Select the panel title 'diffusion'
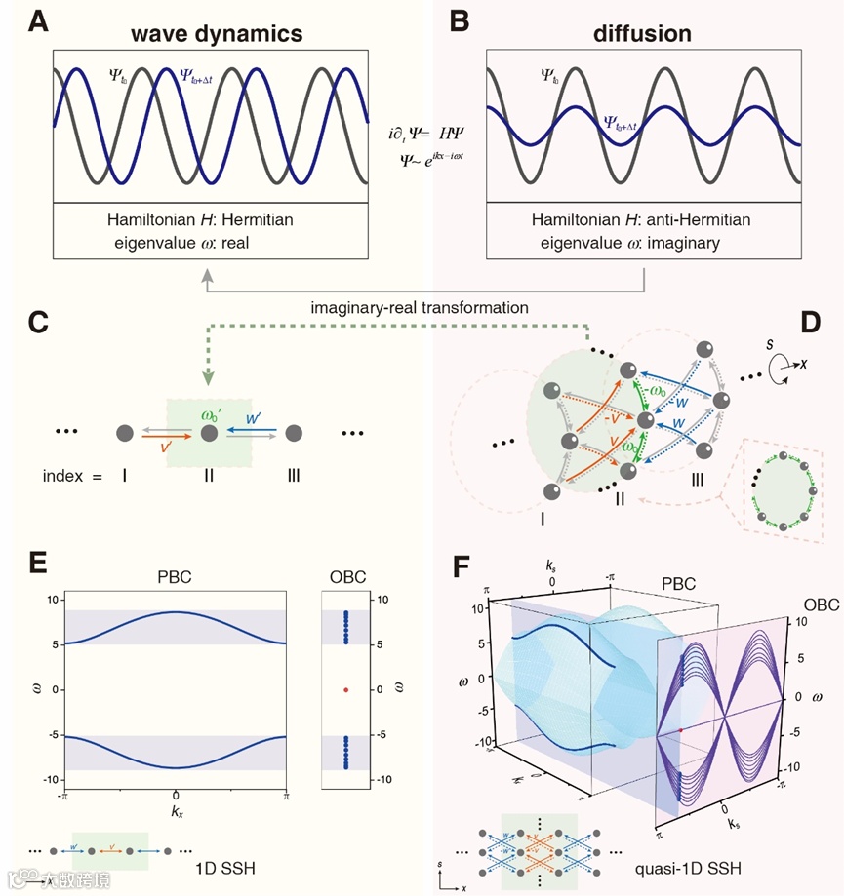point(642,33)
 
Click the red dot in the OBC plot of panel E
point(345,689)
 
